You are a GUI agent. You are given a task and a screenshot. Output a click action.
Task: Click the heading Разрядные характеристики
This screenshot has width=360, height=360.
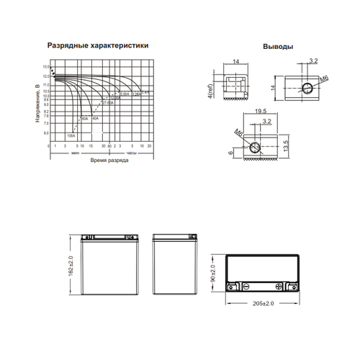99,45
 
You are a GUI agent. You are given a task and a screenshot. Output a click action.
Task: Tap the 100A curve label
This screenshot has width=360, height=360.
71,135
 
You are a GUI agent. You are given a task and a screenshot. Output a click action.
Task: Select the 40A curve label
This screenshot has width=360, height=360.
96,118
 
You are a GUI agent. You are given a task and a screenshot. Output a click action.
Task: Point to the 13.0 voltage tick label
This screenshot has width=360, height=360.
47,67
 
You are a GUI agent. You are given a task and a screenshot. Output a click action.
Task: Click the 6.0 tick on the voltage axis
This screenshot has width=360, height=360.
47,133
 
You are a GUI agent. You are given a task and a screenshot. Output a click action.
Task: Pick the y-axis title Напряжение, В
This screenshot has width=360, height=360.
37,102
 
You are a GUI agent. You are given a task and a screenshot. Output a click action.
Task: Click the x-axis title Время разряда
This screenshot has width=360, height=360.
109,160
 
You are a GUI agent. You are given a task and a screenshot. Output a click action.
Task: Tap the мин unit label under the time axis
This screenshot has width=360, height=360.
76,153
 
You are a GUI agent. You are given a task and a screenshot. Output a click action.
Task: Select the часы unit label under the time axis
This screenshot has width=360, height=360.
131,153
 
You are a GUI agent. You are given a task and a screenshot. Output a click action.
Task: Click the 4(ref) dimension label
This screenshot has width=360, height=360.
210,92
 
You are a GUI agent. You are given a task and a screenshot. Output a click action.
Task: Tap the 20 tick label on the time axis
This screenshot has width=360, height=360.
149,146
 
